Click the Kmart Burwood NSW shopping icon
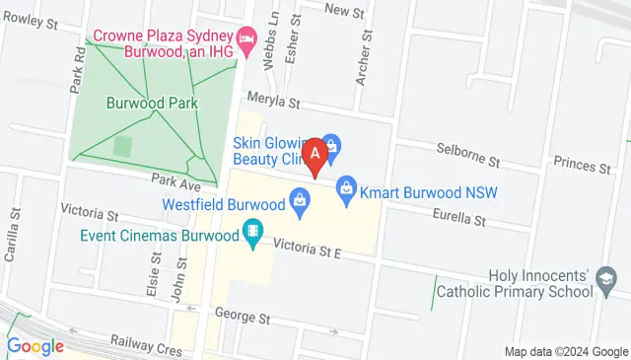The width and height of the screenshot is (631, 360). pyautogui.click(x=346, y=185)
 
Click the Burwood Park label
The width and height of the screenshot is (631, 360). pyautogui.click(x=153, y=103)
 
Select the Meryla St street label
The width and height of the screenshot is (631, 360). pyautogui.click(x=273, y=101)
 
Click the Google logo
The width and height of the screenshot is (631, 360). pyautogui.click(x=35, y=346)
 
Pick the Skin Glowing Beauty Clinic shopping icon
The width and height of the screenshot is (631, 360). pyautogui.click(x=331, y=145)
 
